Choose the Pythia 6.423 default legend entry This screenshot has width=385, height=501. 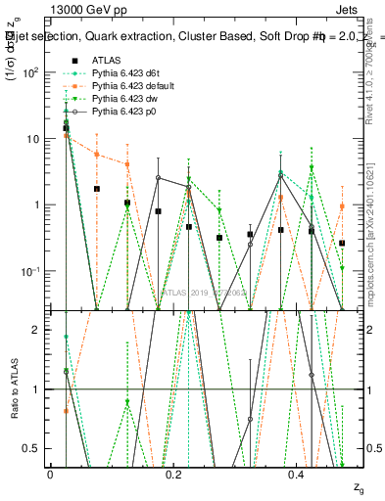tap(132, 86)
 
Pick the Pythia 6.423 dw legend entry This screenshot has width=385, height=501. tap(124, 100)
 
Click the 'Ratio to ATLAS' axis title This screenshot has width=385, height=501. tap(13, 389)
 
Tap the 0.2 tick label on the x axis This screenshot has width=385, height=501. tap(173, 474)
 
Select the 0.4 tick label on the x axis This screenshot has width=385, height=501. tap(298, 474)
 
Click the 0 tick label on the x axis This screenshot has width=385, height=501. tap(50, 474)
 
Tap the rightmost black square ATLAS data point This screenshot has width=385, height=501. tap(342, 243)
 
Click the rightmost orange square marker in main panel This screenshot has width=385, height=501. tap(342, 206)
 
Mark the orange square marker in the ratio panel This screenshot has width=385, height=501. tap(66, 411)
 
